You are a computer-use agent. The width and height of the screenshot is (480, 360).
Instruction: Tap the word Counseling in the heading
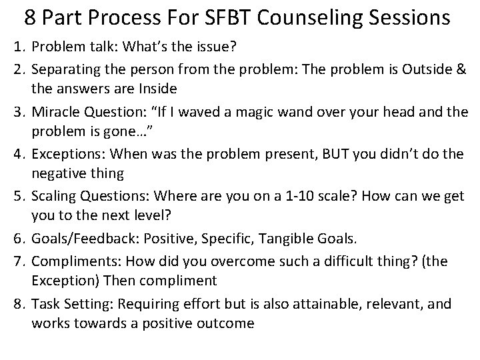click(313, 18)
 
